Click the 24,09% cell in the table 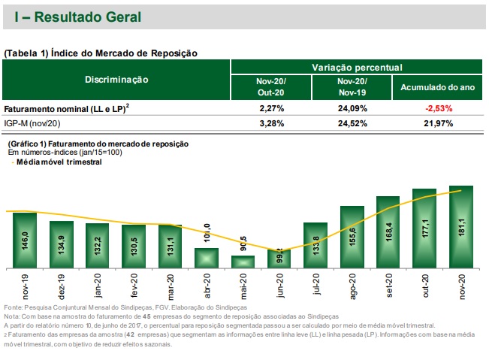[x=353, y=108]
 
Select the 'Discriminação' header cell [x=116, y=80]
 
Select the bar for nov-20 [x=460, y=226]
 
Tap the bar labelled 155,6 [x=352, y=237]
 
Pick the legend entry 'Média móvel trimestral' [x=59, y=162]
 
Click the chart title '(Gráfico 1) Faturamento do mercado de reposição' [x=97, y=144]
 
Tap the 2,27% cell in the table [x=270, y=108]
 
